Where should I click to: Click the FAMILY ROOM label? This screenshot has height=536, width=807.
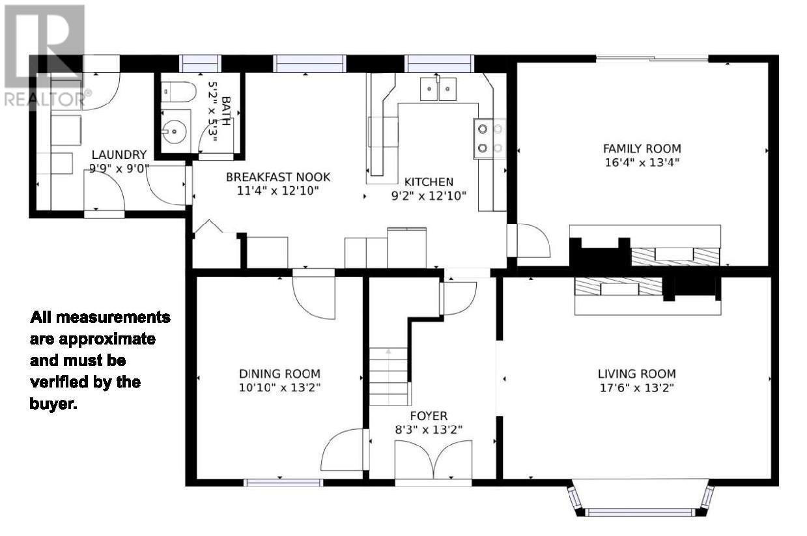(642, 148)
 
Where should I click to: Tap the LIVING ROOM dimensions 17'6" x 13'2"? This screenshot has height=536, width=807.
(636, 388)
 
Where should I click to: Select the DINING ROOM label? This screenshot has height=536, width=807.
(279, 374)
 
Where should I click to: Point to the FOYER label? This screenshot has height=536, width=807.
(429, 416)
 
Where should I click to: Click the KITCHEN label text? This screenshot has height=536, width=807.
(429, 182)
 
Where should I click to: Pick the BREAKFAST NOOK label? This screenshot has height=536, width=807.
(277, 177)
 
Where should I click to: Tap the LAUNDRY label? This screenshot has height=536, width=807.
(119, 154)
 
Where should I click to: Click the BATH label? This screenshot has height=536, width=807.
(226, 111)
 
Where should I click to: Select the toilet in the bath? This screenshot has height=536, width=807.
(178, 91)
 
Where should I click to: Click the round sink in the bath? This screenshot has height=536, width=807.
(174, 132)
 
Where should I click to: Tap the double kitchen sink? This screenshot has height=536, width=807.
(438, 89)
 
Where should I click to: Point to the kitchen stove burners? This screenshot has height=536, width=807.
(490, 138)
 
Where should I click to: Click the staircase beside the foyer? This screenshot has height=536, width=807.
(389, 376)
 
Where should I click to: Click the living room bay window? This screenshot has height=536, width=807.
(639, 498)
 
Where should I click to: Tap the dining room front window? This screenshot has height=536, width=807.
(283, 483)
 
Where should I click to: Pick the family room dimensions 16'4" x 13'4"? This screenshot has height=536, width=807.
(642, 162)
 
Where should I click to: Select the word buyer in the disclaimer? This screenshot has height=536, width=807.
(53, 404)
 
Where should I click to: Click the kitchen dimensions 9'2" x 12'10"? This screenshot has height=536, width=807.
(429, 196)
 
